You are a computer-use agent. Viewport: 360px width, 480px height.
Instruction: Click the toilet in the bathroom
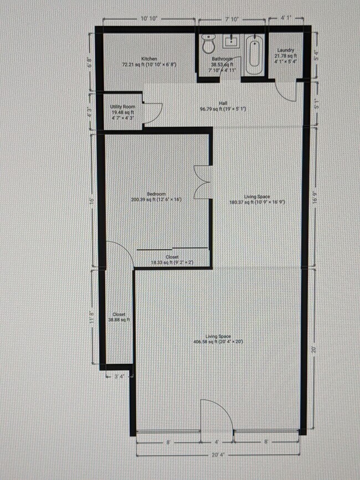point(209,42)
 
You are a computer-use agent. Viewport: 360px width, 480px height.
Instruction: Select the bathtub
point(253,55)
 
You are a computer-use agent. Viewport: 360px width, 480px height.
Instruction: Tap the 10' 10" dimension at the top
point(149,18)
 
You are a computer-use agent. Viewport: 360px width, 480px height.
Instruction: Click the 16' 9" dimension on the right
point(315,198)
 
